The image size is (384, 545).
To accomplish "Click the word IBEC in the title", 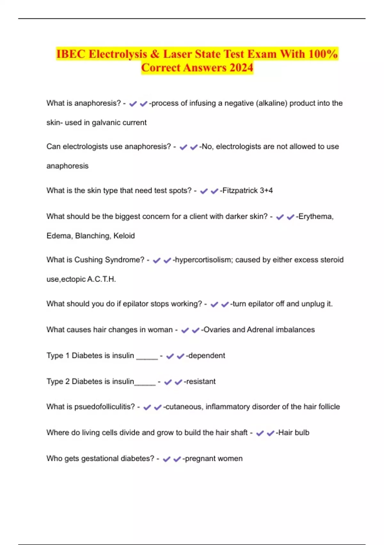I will [x=71, y=54].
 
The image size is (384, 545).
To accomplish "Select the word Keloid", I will [x=124, y=236].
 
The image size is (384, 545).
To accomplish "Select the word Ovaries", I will [x=217, y=330].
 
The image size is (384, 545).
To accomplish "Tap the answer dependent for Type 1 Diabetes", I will [x=207, y=356].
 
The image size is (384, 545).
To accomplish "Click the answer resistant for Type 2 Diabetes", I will [x=201, y=382].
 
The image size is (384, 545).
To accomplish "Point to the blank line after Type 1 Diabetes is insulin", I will [x=147, y=357].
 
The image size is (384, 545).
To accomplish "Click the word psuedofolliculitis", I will [x=105, y=407].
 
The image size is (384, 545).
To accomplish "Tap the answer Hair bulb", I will [x=294, y=432].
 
